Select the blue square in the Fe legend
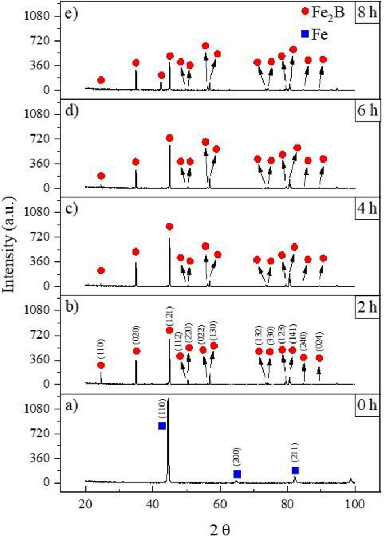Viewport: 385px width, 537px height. (305, 34)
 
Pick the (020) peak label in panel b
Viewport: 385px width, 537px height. (136, 335)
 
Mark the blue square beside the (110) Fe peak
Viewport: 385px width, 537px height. (162, 426)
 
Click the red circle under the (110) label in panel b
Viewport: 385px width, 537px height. (101, 365)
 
